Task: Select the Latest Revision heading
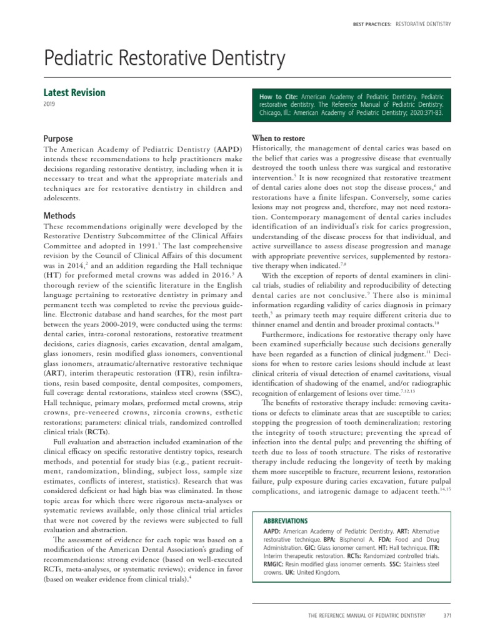(74, 92)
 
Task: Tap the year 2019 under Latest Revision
(49, 105)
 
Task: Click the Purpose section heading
(57, 139)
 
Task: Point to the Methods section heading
(59, 215)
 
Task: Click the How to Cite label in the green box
(278, 98)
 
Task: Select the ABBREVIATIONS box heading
(286, 520)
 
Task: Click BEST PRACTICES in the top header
(372, 24)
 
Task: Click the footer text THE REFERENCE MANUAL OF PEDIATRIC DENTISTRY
(366, 615)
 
